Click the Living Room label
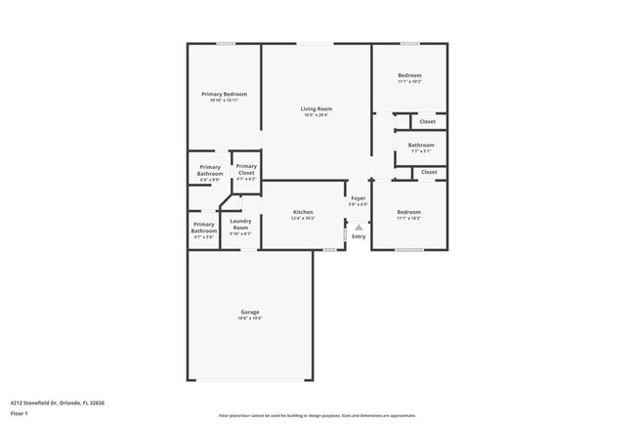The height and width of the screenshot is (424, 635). click(316, 108)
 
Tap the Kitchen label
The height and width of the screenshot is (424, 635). click(303, 212)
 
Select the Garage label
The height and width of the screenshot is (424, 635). click(249, 313)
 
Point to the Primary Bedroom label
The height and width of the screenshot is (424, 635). click(224, 94)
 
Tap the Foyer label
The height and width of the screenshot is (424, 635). click(359, 198)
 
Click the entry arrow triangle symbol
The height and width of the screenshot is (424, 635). click(359, 226)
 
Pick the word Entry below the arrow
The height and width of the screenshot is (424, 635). click(359, 236)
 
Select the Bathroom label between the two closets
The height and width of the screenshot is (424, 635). click(421, 145)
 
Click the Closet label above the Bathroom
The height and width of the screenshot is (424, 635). click(428, 121)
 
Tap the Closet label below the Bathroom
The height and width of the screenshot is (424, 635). click(428, 172)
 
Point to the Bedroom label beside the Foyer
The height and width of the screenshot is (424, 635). click(408, 212)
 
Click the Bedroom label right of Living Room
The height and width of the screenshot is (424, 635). click(409, 75)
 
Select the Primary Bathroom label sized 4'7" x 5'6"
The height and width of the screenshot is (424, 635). click(204, 228)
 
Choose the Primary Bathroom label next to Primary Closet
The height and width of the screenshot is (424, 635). click(210, 170)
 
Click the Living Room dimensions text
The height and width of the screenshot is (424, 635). click(316, 115)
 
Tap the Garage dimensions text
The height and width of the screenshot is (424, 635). click(249, 318)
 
